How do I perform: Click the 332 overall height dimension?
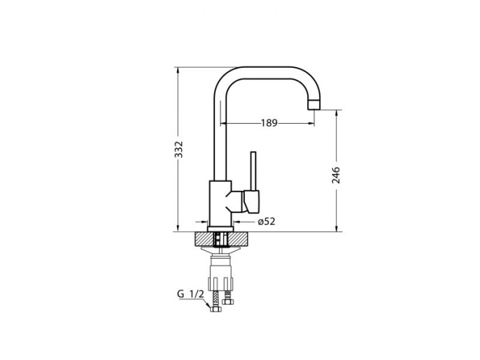[x=178, y=150]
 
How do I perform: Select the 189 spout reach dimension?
[x=269, y=123]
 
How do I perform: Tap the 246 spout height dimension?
[x=336, y=175]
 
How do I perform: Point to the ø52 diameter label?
[x=267, y=222]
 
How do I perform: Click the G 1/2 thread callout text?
[x=190, y=294]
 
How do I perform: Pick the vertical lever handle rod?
[x=253, y=171]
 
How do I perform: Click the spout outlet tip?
[x=313, y=105]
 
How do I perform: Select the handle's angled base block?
[x=252, y=201]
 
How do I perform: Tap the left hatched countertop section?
[x=204, y=239]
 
